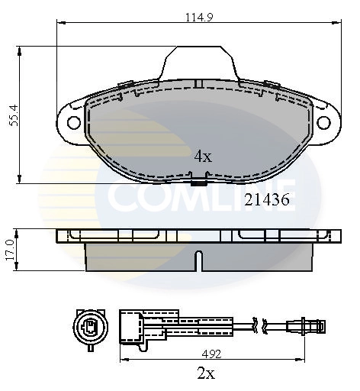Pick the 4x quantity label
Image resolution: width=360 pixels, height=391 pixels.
(x=201, y=157)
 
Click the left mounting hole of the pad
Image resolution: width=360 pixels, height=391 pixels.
(x=74, y=122)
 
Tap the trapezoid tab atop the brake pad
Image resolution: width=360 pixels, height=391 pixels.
(x=199, y=61)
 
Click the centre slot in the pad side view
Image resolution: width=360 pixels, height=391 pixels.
(x=198, y=260)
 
